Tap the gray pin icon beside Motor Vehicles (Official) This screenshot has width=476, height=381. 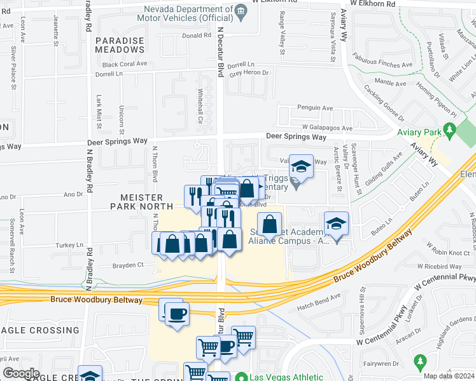[x=241, y=11]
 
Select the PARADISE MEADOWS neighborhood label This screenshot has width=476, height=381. [x=120, y=44]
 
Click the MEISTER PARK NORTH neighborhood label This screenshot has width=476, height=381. [x=136, y=202]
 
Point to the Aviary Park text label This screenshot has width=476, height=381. [x=419, y=132]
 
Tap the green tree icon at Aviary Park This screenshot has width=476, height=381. [x=451, y=132]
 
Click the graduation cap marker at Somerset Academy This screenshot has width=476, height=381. [x=336, y=224]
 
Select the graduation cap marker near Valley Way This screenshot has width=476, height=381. [x=301, y=167]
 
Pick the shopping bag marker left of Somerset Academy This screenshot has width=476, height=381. [x=270, y=224]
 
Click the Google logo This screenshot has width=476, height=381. [x=21, y=373]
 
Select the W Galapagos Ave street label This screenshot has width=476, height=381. [x=323, y=128]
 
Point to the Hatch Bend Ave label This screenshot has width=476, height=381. [x=319, y=298]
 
